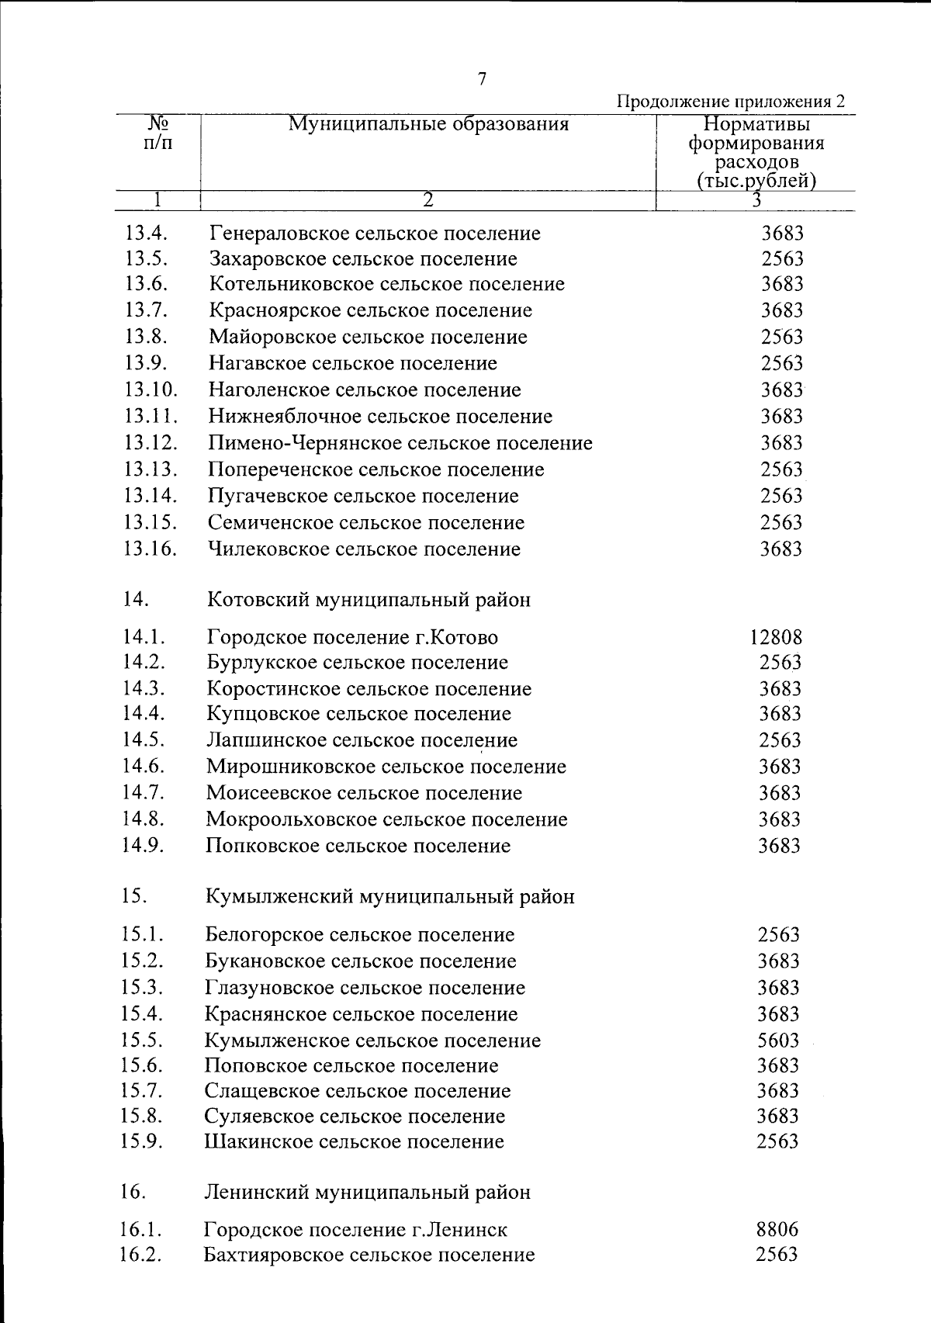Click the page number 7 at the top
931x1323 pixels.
(482, 79)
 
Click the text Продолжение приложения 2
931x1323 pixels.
(730, 102)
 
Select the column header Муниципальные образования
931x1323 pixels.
(428, 124)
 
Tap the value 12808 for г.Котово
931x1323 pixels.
(776, 638)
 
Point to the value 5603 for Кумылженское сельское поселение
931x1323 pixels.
(778, 1041)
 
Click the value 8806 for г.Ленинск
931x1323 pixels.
(777, 1230)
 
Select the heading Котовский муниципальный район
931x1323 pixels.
(369, 600)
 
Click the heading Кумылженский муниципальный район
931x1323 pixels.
(389, 897)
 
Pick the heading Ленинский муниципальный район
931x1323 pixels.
(367, 1193)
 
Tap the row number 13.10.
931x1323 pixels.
(151, 390)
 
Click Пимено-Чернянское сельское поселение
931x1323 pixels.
(400, 443)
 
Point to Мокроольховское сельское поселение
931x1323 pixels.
(386, 819)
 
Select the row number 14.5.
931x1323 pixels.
(143, 740)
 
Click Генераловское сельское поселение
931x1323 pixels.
(375, 234)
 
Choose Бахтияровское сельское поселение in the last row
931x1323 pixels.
(369, 1255)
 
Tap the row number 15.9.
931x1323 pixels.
(141, 1141)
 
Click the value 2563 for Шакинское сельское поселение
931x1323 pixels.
(777, 1141)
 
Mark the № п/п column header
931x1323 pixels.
(158, 133)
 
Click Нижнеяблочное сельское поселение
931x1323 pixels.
(380, 417)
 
